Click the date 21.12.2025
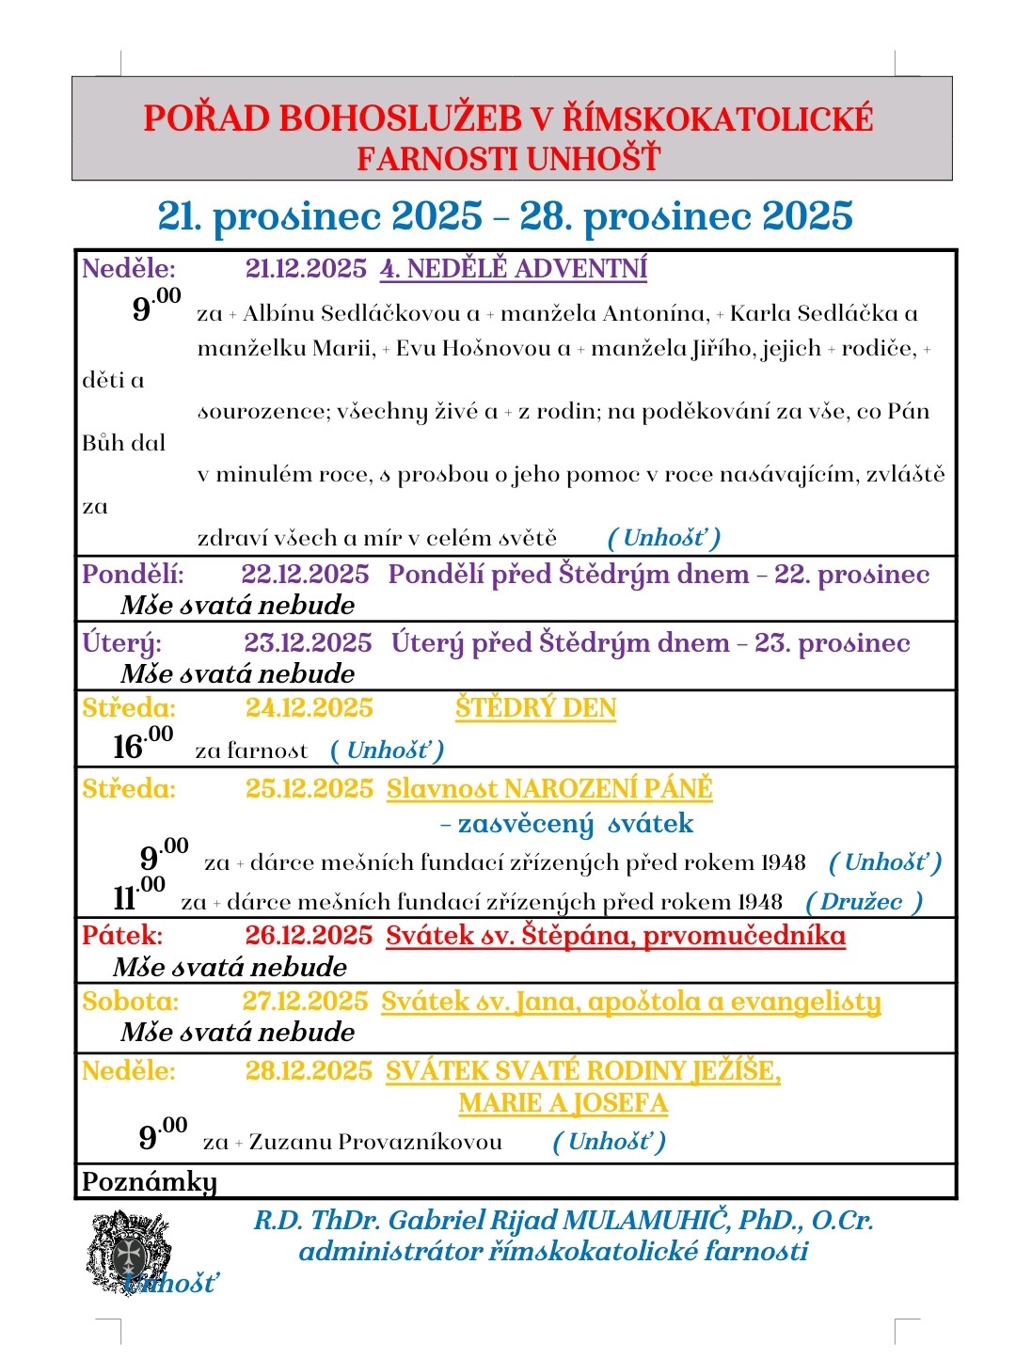click(x=306, y=269)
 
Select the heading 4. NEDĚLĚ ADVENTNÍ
click(x=514, y=269)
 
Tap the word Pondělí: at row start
click(x=133, y=574)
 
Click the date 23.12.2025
click(x=308, y=643)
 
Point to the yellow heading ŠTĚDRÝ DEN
click(x=535, y=708)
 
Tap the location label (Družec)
click(x=864, y=902)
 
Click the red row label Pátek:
click(x=122, y=936)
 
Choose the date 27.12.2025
click(x=305, y=1002)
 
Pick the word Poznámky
click(x=149, y=1181)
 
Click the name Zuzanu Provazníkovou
click(x=375, y=1142)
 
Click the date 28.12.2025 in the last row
click(x=309, y=1071)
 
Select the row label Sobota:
click(x=130, y=1002)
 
